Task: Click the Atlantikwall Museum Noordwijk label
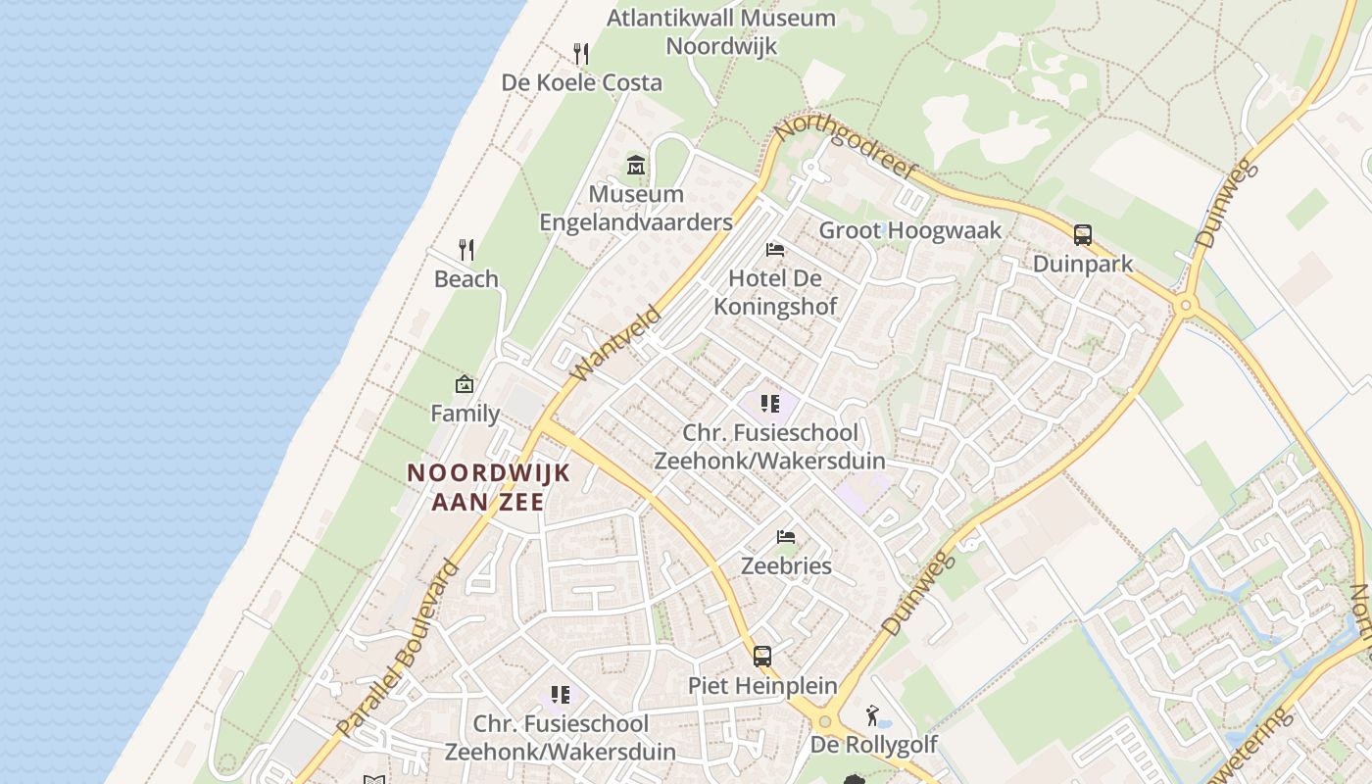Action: (721, 31)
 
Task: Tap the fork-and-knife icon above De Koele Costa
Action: (582, 53)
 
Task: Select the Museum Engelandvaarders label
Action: (636, 209)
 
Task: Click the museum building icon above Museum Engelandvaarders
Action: (636, 165)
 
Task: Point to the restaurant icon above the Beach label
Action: (466, 250)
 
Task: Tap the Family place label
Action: (465, 414)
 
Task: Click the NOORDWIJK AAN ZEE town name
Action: (488, 487)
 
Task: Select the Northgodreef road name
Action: (845, 148)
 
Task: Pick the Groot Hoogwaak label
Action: (910, 230)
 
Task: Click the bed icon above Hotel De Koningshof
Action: (775, 250)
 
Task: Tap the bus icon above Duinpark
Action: (1083, 235)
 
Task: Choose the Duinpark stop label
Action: (1083, 264)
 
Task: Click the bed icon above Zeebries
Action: (786, 537)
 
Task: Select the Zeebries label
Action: (786, 565)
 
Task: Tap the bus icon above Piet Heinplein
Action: (762, 657)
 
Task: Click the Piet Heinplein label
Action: (762, 685)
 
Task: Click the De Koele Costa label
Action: (582, 82)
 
